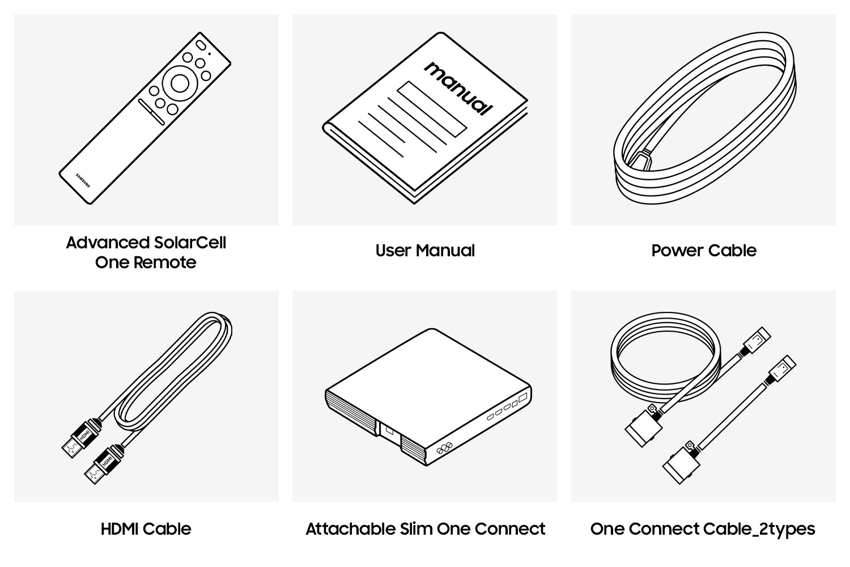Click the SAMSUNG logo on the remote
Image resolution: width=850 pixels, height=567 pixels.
pos(83,181)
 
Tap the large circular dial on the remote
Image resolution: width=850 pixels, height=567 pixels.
pos(180,83)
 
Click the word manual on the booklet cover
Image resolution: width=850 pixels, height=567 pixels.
pos(458,88)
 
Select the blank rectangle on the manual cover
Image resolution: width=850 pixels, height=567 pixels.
pos(432,109)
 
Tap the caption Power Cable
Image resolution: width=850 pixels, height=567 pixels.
pos(704,251)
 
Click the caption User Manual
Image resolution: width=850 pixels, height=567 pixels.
pos(425,251)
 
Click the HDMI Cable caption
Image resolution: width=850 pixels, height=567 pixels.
pos(146,529)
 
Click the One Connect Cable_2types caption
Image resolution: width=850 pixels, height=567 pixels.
pos(703,530)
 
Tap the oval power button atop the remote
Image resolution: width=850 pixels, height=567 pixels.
pos(201,45)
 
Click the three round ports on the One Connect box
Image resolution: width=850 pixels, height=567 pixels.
pos(444,448)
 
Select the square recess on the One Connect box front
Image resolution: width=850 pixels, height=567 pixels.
pos(389,431)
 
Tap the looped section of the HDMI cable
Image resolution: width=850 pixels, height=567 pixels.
pos(173,372)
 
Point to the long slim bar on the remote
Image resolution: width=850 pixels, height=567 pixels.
pos(151,112)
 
